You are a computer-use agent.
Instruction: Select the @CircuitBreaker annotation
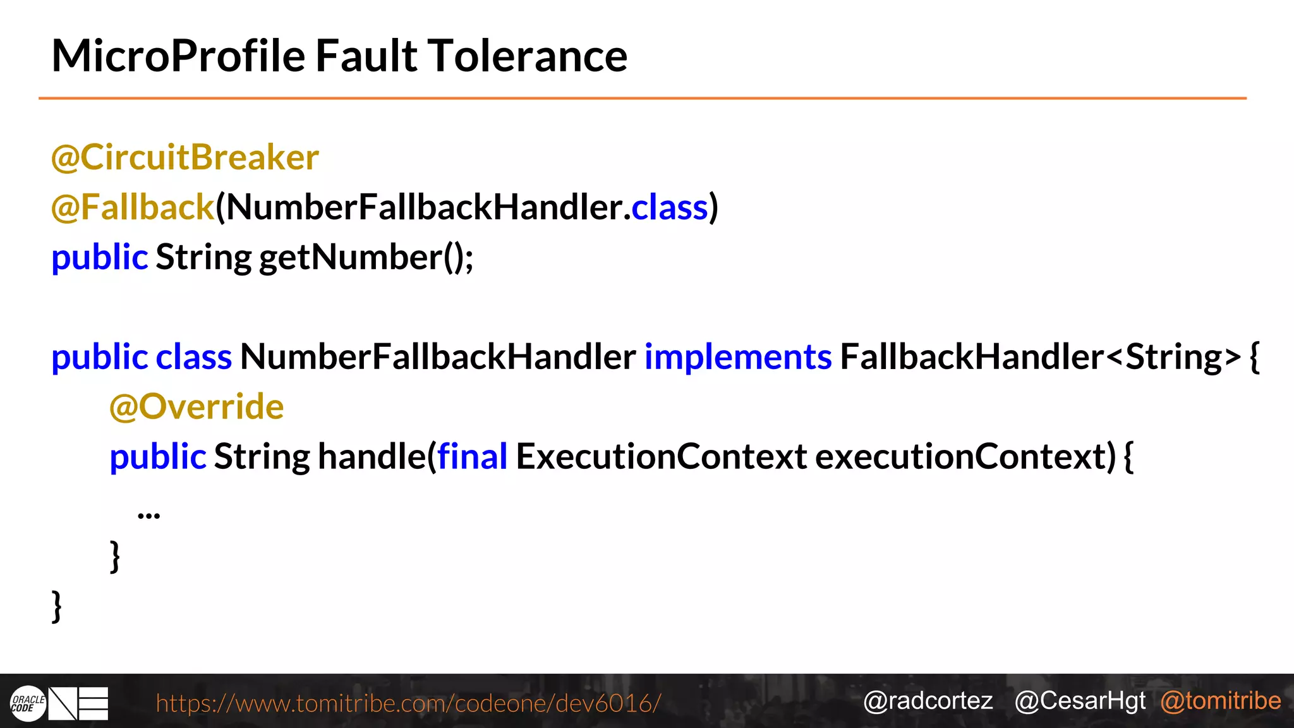(184, 157)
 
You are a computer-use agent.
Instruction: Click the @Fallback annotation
(133, 207)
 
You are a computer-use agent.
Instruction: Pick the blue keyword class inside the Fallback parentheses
(669, 207)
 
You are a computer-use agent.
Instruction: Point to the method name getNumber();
(366, 257)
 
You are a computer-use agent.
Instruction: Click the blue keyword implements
(737, 357)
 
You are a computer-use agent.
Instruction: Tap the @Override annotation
(197, 406)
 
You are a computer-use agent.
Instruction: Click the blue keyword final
(472, 456)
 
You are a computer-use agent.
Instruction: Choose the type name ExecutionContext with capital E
(661, 456)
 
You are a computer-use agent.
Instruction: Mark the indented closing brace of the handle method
(115, 556)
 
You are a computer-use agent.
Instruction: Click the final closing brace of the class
(57, 606)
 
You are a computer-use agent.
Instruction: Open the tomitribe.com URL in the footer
(408, 703)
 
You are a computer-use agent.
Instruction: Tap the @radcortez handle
(928, 701)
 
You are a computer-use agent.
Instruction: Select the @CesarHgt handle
(1080, 701)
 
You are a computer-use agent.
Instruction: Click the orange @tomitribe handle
(1221, 701)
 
